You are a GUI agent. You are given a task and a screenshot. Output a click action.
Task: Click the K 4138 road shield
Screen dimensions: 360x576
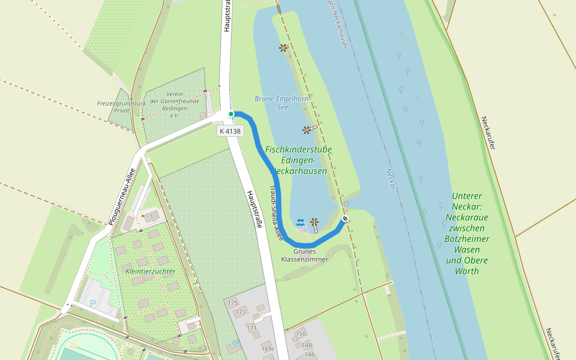point(230,131)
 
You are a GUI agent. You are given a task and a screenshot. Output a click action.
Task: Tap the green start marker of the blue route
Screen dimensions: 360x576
point(231,113)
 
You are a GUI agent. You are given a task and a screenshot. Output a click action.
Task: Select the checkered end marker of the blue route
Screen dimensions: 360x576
point(345,218)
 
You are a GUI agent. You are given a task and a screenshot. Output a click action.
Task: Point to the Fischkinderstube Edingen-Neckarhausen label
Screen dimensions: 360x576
point(298,160)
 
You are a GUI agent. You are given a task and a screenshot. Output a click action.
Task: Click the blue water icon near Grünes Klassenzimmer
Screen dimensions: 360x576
point(301,223)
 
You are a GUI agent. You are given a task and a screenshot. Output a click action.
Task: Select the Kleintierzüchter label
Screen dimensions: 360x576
point(151,271)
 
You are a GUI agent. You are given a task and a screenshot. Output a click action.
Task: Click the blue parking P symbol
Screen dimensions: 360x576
point(93,303)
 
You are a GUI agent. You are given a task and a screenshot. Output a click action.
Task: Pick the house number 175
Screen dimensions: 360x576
point(233,302)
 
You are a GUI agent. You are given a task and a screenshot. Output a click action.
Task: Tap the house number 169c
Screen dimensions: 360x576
point(268,348)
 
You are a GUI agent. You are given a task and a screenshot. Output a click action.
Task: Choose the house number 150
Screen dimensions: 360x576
point(300,334)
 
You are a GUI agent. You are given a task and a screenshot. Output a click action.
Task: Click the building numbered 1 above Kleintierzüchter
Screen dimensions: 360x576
point(152,215)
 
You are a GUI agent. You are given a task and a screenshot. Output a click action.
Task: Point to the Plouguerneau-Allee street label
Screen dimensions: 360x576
point(122,196)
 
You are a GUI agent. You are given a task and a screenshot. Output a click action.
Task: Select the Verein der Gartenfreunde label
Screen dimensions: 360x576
point(166,104)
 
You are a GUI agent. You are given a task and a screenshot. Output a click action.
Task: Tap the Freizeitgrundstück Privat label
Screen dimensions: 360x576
point(121,107)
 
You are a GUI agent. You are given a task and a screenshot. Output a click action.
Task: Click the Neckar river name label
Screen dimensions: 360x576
point(391,179)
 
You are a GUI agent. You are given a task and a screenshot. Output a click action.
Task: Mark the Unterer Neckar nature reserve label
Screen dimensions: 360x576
point(467,233)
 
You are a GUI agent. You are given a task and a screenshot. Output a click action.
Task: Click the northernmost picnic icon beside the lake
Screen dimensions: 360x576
point(283,47)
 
